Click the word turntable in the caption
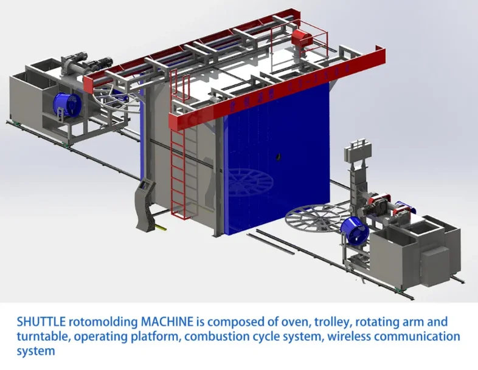click(x=41, y=337)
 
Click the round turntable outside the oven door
click(x=317, y=219)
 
